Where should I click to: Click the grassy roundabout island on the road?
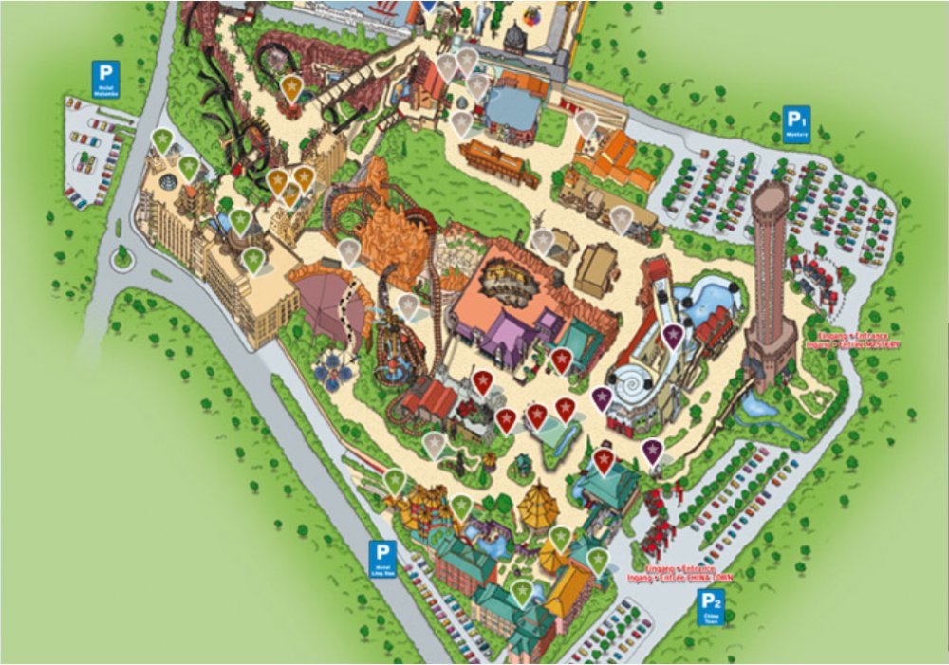[122, 257]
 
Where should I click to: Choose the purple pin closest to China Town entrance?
[652, 451]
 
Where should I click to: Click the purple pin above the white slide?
[672, 335]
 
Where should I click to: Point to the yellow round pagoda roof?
[538, 502]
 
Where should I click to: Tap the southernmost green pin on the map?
[522, 593]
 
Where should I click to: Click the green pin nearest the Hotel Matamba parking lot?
[163, 140]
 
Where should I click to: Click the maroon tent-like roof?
[326, 304]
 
